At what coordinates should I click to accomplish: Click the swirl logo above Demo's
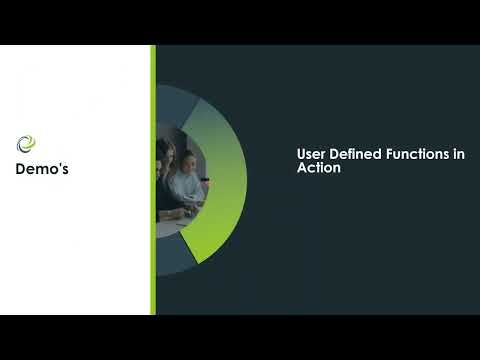coord(26,144)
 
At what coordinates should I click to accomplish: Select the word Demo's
coord(42,169)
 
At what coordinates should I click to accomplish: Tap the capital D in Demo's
coord(21,169)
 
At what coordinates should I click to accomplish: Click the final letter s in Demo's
coord(65,170)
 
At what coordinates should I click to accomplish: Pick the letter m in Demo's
coord(42,170)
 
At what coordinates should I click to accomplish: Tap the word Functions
coord(418,154)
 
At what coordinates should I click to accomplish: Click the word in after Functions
coord(459,154)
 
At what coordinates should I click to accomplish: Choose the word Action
coord(319,167)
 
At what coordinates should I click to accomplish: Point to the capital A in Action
coord(302,168)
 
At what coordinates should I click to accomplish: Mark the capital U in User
coord(301,154)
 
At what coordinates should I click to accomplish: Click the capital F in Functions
coord(390,154)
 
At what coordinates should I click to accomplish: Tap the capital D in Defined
coord(334,154)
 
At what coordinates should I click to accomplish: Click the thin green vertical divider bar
coord(153,180)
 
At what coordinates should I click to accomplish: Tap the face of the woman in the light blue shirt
coord(189,162)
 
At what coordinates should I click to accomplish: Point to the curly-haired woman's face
coord(169,154)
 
